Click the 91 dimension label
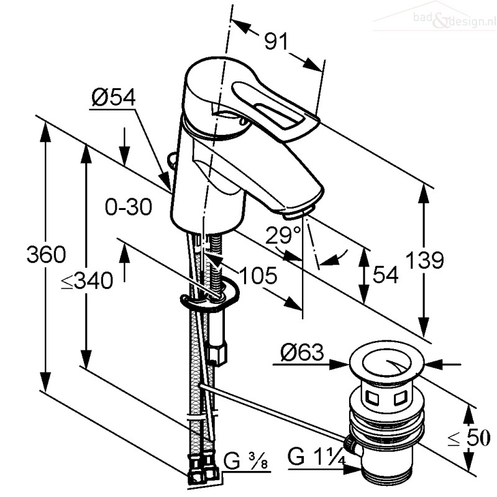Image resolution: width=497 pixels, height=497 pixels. coord(276,41)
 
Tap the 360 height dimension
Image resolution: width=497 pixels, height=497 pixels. coord(46,254)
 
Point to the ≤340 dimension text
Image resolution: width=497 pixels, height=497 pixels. coord(87,281)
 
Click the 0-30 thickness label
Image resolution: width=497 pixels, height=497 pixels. coord(129,207)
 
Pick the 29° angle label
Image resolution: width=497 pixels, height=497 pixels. coord(283,235)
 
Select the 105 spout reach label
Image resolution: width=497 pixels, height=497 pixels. coord(258,275)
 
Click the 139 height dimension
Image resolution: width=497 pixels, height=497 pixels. coord(425,260)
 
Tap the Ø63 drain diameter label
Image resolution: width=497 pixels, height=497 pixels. coord(302,352)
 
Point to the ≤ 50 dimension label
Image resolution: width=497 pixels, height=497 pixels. coord(469,438)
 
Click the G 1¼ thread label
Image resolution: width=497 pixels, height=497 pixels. coord(316,457)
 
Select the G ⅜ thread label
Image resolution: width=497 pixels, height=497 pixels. coord(245,461)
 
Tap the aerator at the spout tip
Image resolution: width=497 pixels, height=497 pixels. coord(299,212)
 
